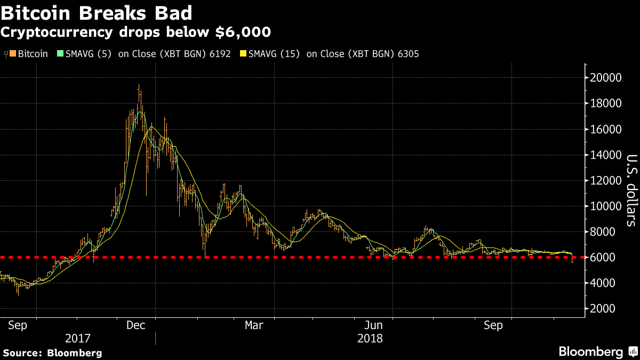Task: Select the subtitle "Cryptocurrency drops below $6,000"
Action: (135, 32)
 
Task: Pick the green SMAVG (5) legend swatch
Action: (61, 54)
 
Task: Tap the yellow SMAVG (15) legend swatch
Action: (244, 54)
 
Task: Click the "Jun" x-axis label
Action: (374, 325)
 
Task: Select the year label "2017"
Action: (78, 338)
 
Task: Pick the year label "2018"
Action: (370, 338)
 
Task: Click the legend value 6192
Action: (220, 54)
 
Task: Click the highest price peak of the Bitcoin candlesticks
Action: (139, 85)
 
